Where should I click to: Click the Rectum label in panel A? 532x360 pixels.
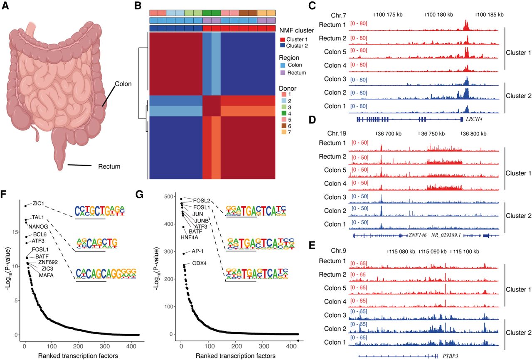(109, 167)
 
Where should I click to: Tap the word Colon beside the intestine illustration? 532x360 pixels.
(123, 84)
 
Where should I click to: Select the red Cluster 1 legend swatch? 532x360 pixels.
(282, 39)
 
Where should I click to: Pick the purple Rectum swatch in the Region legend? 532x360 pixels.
(282, 73)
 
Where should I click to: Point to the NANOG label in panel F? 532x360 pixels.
(38, 227)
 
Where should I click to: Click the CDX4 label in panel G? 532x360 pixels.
(199, 264)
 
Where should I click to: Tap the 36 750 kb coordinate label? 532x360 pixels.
(432, 134)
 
